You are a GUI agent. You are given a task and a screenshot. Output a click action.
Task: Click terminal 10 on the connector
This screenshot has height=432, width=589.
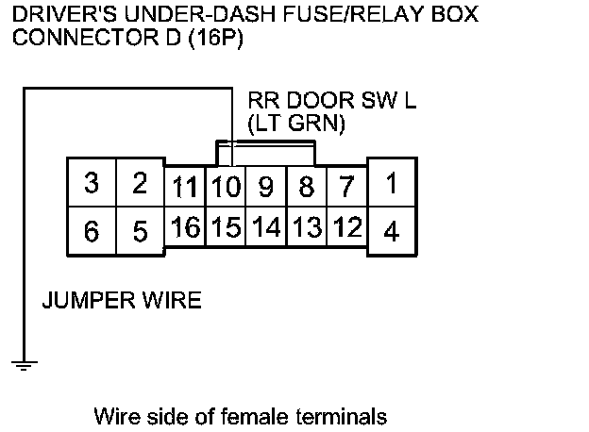coord(225,187)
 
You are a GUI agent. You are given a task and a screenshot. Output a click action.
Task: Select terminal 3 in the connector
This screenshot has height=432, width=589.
coord(91,183)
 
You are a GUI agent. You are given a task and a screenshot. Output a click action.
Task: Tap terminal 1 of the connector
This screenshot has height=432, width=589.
coord(391,183)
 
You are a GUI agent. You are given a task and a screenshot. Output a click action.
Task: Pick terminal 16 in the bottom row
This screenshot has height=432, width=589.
coord(185,227)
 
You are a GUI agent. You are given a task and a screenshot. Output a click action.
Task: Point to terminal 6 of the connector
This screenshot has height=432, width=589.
coord(91,230)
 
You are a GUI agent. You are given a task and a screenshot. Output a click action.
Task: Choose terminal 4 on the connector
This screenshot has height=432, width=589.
coord(391,230)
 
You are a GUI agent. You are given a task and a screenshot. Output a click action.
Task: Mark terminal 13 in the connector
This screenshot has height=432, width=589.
coord(306,227)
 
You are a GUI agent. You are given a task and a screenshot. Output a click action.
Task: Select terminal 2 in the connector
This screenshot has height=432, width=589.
coord(140,183)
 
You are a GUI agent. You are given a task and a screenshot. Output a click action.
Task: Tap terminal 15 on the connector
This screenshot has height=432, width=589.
coord(225,227)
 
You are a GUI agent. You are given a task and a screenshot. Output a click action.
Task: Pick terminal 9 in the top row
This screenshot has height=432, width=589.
coord(265,187)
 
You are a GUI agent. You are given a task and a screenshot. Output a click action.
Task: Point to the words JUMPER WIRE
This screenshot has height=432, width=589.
coord(122,302)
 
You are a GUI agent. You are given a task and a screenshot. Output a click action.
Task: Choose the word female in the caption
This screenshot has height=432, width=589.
coord(285,414)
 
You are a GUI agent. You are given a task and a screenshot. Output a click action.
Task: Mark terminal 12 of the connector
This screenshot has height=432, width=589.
coord(347,227)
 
